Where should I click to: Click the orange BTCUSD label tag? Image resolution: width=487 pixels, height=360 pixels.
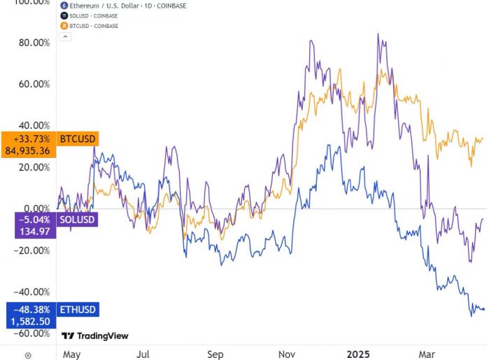pyautogui.click(x=77, y=138)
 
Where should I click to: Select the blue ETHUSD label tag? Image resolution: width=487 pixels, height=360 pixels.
pyautogui.click(x=78, y=309)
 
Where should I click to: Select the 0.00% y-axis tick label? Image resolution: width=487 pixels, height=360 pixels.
pyautogui.click(x=36, y=208)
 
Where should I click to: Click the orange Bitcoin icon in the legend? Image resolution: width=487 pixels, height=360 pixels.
pyautogui.click(x=64, y=26)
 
